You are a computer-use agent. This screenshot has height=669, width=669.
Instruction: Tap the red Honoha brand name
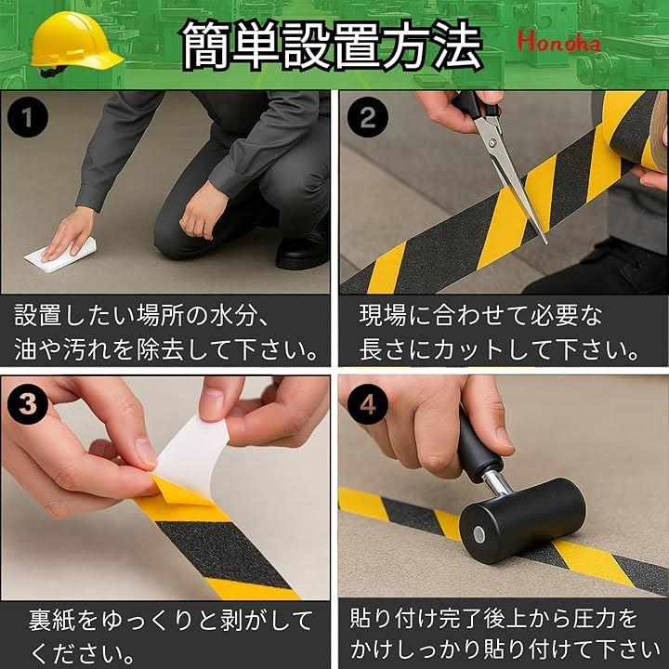pos(559,43)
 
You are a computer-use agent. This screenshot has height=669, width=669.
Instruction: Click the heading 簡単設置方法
pos(332,45)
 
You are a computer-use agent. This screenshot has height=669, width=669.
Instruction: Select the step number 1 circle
pos(28,117)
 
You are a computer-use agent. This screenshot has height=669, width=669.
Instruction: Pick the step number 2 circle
pos(367,117)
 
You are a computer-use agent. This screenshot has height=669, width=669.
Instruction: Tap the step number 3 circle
pos(28,403)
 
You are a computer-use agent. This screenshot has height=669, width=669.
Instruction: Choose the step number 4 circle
pos(367,403)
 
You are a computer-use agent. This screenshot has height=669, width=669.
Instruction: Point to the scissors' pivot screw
pos(495,141)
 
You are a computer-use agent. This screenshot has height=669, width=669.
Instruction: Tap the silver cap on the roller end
pos(479,533)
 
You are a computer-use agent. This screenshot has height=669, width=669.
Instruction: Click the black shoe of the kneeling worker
pos(302,252)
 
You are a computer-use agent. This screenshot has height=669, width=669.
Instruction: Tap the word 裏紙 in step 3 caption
pos(52,620)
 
